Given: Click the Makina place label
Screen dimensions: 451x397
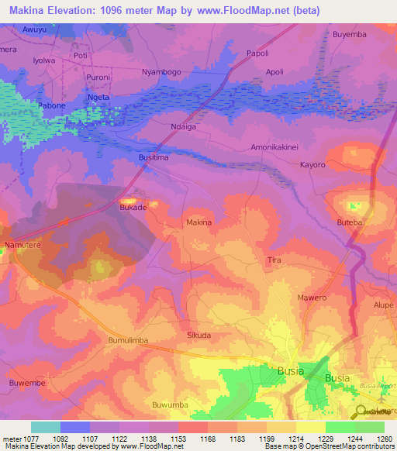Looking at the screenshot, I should pos(198,222).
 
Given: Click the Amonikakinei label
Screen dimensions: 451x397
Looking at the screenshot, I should pos(274,146).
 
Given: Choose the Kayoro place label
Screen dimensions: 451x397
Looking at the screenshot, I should pos(312,165).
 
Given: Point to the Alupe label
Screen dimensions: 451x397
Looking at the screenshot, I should pos(382,305).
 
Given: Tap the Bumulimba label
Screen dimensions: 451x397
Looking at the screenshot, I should pos(128,340).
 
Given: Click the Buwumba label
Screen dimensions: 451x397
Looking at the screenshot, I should pos(171,405).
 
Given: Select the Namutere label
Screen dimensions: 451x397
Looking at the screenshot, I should pos(22,245).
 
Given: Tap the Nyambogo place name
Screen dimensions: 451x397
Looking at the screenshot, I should pos(161,72).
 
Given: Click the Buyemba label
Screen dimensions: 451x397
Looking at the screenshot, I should pos(349,35).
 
